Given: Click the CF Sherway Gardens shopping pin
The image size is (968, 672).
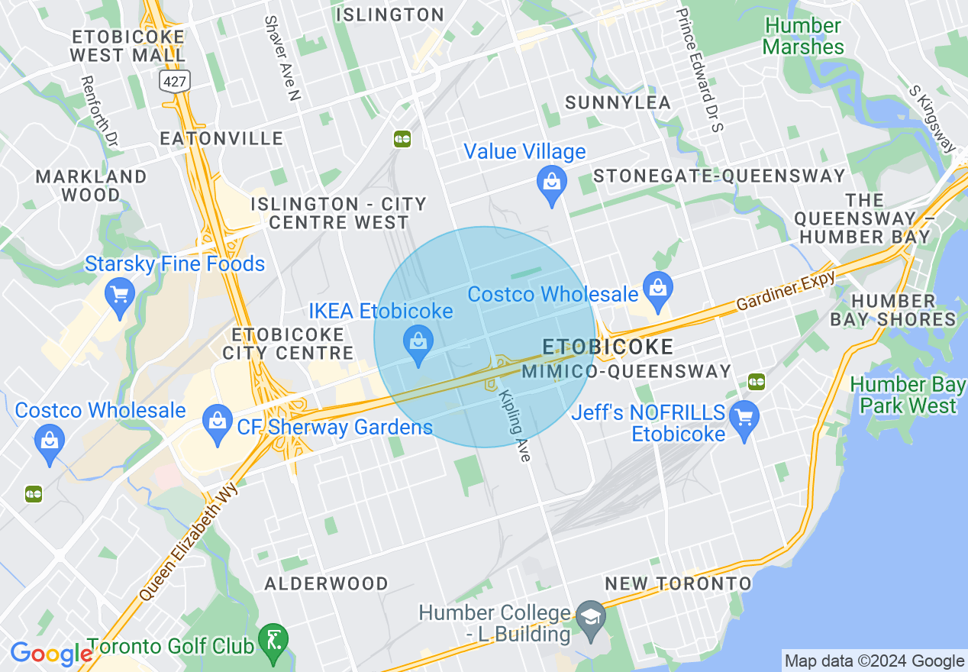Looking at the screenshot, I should [x=218, y=424].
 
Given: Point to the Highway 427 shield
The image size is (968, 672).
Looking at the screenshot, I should [x=174, y=79].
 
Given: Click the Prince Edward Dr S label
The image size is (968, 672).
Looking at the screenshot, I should [x=699, y=69].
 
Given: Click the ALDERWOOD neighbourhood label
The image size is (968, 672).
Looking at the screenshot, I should [x=326, y=583].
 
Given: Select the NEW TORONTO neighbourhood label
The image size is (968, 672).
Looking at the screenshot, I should [x=678, y=583].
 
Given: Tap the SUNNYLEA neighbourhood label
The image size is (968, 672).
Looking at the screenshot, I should [x=618, y=102].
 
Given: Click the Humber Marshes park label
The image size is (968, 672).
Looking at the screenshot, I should [x=803, y=36].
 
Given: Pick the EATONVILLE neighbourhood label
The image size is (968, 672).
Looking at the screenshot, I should [x=221, y=138].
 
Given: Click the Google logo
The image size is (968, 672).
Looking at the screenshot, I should [x=51, y=654].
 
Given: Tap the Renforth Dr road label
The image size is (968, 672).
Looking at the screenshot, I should [x=100, y=111].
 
